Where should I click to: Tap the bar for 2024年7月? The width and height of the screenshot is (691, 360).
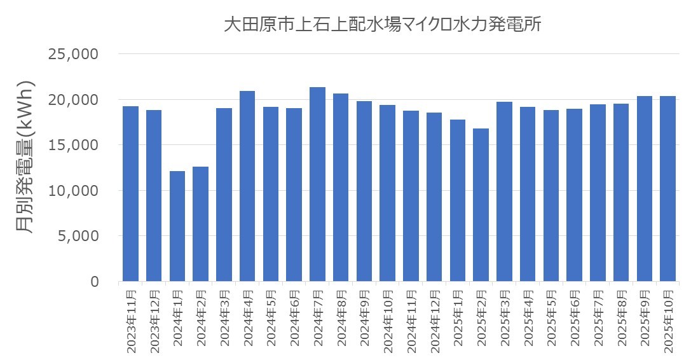pyautogui.click(x=317, y=184)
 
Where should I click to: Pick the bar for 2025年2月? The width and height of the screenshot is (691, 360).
pyautogui.click(x=481, y=204)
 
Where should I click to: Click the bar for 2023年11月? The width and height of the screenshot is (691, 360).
pyautogui.click(x=130, y=193)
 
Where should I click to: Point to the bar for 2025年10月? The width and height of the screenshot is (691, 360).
pyautogui.click(x=667, y=188)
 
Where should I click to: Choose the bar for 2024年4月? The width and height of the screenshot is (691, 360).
pyautogui.click(x=247, y=186)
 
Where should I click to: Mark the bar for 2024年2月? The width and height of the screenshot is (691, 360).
pyautogui.click(x=200, y=223)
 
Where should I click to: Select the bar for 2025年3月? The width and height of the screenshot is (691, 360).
pyautogui.click(x=504, y=191)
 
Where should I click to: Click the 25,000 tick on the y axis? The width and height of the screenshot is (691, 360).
pyautogui.click(x=73, y=55)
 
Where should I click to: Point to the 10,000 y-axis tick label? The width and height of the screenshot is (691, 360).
pyautogui.click(x=73, y=191)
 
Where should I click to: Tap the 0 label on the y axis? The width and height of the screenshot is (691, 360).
pyautogui.click(x=94, y=282)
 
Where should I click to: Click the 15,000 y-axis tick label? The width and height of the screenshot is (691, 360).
pyautogui.click(x=73, y=145)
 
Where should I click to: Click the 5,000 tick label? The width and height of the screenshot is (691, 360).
pyautogui.click(x=77, y=236)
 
